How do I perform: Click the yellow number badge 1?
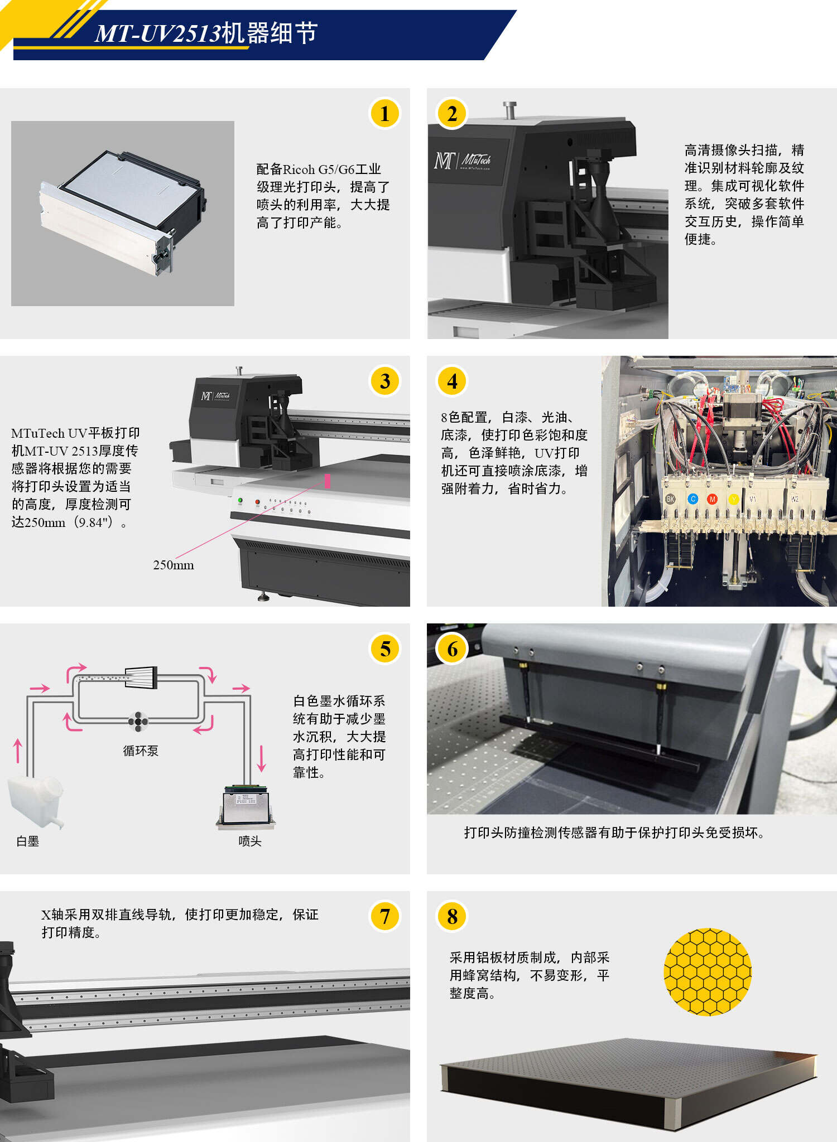pos(384,114)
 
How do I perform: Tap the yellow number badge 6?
pos(452,649)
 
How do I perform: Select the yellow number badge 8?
pos(452,917)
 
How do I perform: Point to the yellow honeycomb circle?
pos(708,972)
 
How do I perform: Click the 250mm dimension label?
pos(174,565)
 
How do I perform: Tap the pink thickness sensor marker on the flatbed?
pos(327,481)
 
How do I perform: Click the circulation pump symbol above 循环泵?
pos(138,721)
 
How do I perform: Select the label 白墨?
pos(27,841)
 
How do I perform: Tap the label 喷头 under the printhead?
pos(249,841)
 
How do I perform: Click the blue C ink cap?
pos(693,499)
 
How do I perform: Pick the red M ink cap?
pos(712,499)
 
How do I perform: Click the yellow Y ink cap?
pos(734,499)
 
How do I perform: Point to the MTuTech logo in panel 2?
pos(463,161)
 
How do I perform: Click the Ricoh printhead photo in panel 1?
pos(123,213)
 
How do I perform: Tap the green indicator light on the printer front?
pos(240,500)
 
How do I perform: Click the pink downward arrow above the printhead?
pos(261,757)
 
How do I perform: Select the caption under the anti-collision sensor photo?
pos(614,833)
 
